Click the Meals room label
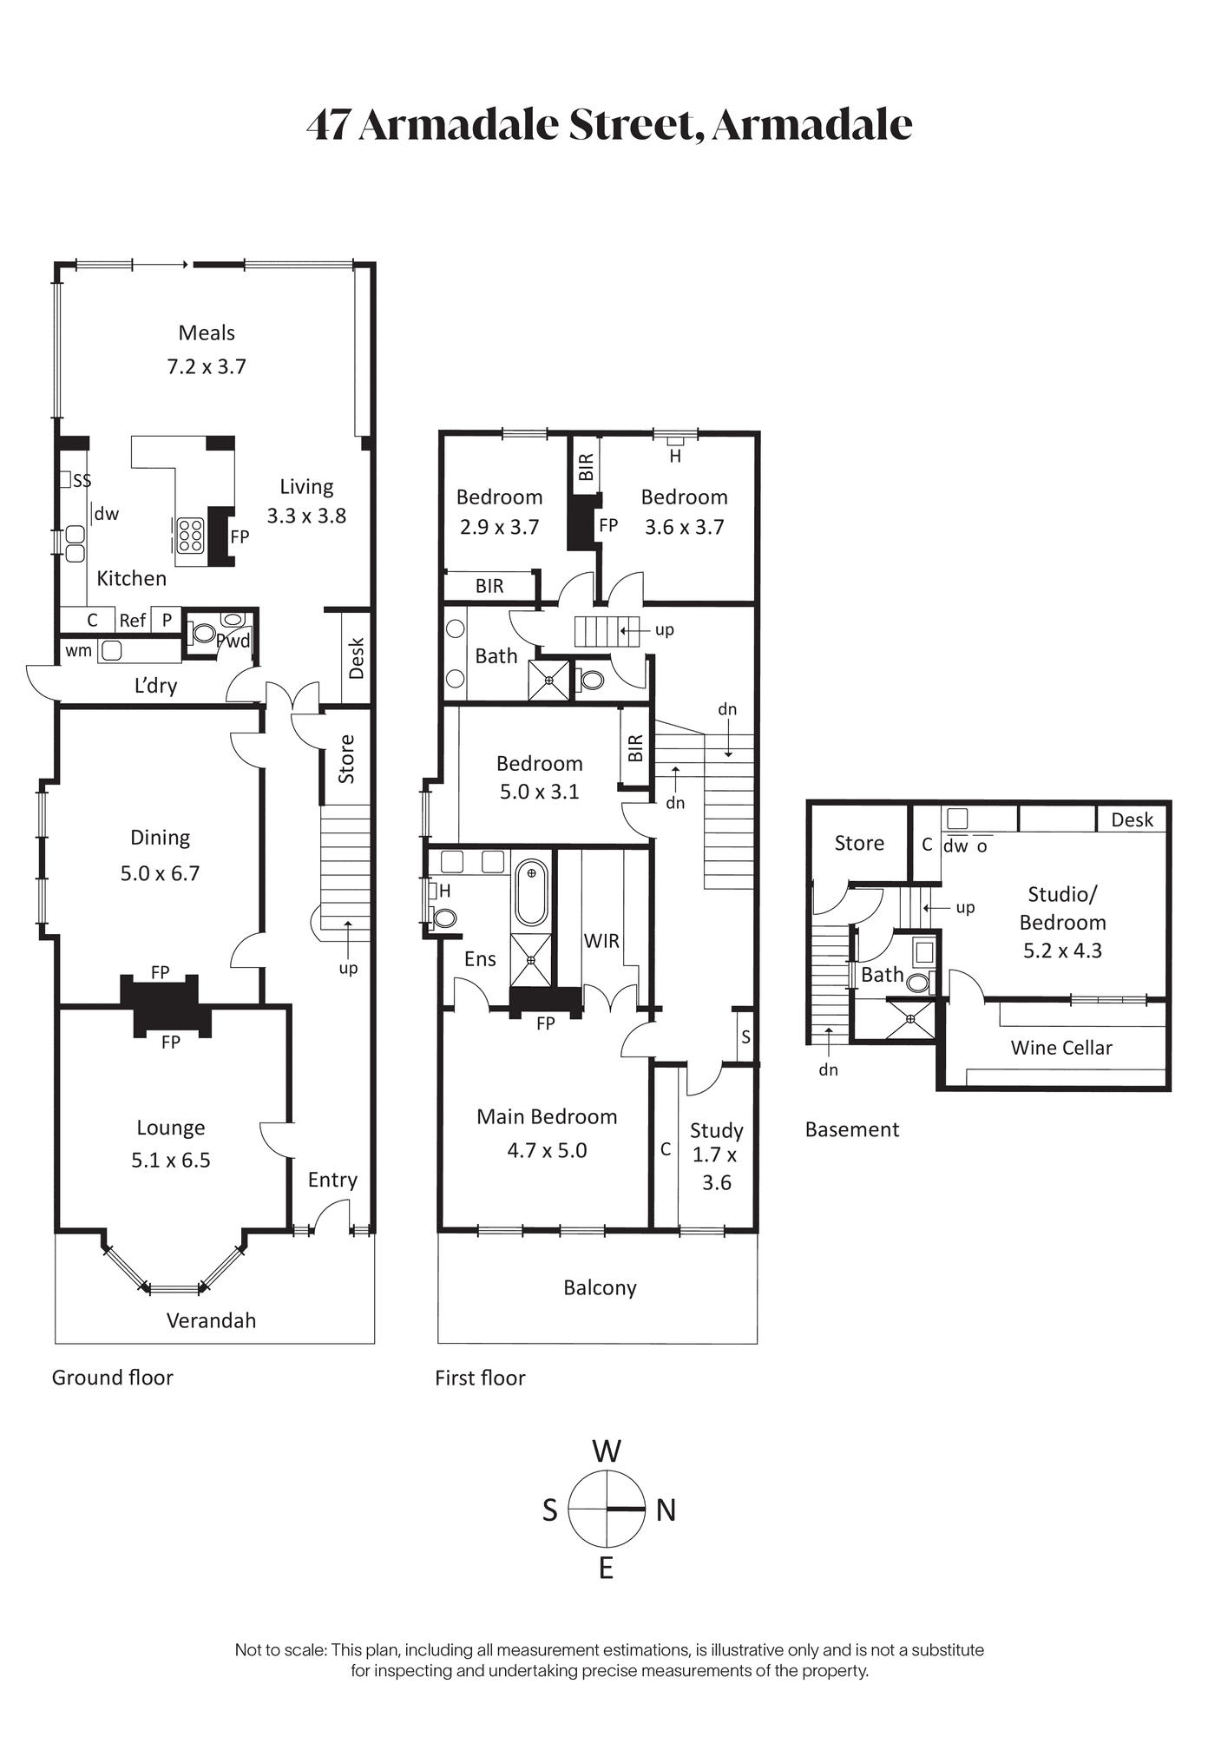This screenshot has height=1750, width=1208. click(207, 332)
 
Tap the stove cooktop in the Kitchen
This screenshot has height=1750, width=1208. click(190, 535)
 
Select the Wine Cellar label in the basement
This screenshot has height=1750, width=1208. click(1061, 1048)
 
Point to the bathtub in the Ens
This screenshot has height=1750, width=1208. click(531, 893)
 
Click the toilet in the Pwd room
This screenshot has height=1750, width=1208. click(204, 633)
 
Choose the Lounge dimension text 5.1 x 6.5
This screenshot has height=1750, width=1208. click(171, 1161)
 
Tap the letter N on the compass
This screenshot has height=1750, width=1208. click(666, 1510)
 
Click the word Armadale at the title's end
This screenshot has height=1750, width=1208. click(812, 124)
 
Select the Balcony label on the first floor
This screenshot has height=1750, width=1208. click(600, 1288)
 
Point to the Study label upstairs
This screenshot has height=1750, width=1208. click(717, 1130)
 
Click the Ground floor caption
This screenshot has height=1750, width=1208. click(113, 1378)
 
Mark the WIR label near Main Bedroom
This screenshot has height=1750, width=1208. click(601, 940)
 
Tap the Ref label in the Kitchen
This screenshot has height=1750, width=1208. click(133, 621)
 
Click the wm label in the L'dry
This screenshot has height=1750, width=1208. click(78, 651)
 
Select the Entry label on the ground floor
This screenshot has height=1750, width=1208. click(332, 1180)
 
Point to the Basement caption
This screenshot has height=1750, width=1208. click(852, 1129)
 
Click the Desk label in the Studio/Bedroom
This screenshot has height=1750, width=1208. click(1132, 819)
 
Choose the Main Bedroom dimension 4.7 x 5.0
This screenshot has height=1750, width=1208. click(547, 1150)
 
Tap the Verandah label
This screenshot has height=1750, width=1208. click(211, 1320)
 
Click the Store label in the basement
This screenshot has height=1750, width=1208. click(859, 843)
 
